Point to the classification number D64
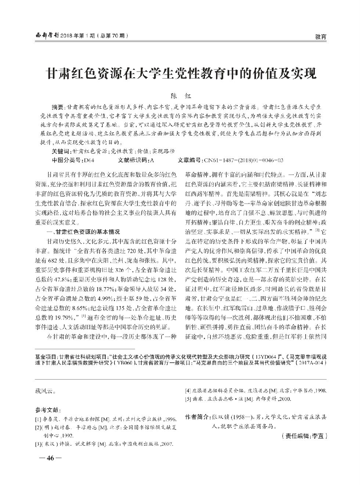(x=89, y=161)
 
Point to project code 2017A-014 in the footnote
(x=312, y=362)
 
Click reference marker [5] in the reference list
(x=189, y=399)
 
